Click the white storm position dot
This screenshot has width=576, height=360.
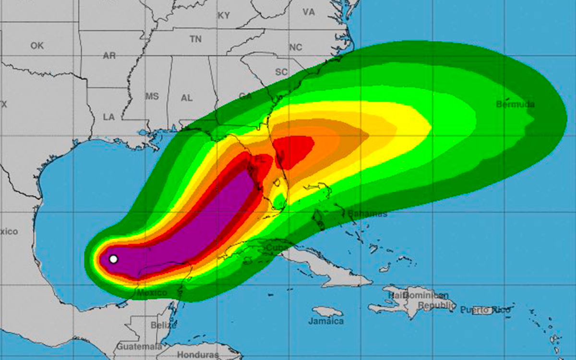click(113, 259)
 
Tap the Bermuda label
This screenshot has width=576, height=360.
click(515, 104)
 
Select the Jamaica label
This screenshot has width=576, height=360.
click(326, 321)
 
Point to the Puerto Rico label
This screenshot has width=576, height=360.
click(485, 310)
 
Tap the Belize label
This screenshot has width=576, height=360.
click(163, 325)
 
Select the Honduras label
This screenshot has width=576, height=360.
click(195, 355)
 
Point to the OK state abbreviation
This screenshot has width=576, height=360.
click(37, 46)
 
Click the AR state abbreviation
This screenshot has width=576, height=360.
click(109, 56)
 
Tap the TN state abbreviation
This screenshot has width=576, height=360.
click(195, 39)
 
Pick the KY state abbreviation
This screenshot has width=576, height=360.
click(224, 16)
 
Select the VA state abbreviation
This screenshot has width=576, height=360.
click(309, 12)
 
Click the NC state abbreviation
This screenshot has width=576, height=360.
click(295, 47)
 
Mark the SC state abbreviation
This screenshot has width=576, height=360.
click(281, 72)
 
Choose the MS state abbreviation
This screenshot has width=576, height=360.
click(152, 96)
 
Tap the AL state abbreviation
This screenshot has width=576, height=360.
click(187, 98)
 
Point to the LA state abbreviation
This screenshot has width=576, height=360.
click(108, 117)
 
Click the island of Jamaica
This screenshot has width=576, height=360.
click(327, 312)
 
